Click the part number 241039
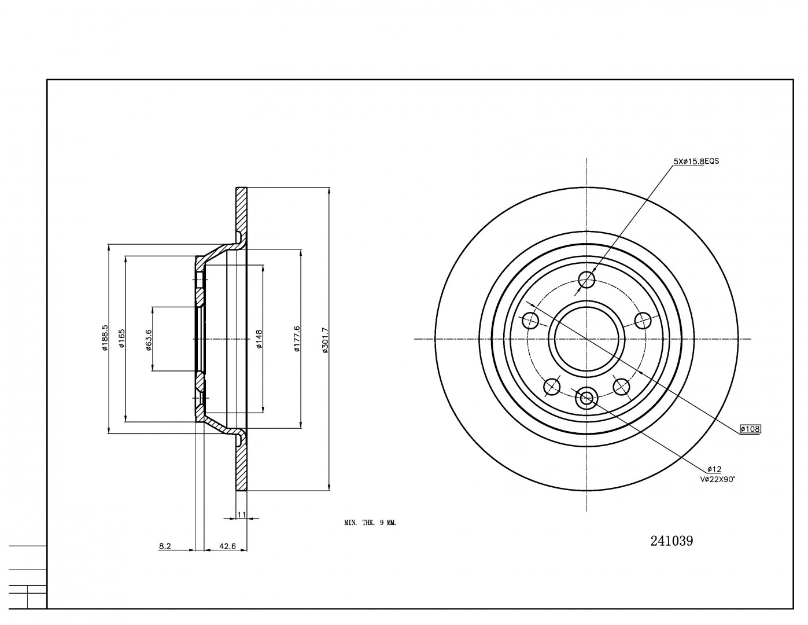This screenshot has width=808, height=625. point(672,541)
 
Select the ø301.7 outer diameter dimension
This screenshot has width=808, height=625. point(325,340)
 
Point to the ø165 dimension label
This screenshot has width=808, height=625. point(122,339)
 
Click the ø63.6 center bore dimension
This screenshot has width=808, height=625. point(149,339)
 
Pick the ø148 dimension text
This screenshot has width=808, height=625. point(260,339)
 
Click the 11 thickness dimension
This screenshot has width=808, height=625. point(242,514)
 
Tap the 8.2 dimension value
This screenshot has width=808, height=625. point(165,545)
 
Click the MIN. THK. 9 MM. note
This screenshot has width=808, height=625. point(370,523)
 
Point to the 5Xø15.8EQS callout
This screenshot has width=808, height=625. point(696,161)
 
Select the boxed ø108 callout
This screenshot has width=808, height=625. point(751,429)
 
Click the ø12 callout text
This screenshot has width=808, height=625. point(714,469)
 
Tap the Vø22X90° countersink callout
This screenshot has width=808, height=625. point(717,479)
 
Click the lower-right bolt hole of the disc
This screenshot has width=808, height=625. point(621,386)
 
